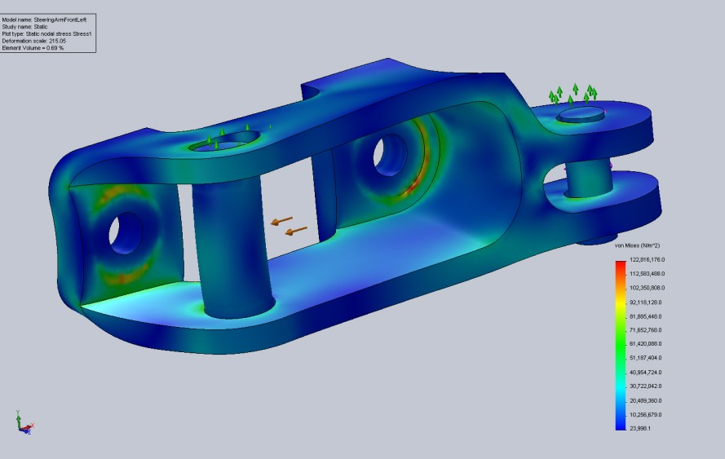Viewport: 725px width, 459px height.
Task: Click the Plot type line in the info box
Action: pos(49,33)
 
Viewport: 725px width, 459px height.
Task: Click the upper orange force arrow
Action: pos(282,220)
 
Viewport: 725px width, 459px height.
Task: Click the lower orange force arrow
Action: pos(296,232)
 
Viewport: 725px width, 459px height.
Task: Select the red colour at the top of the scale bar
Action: pos(621,262)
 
